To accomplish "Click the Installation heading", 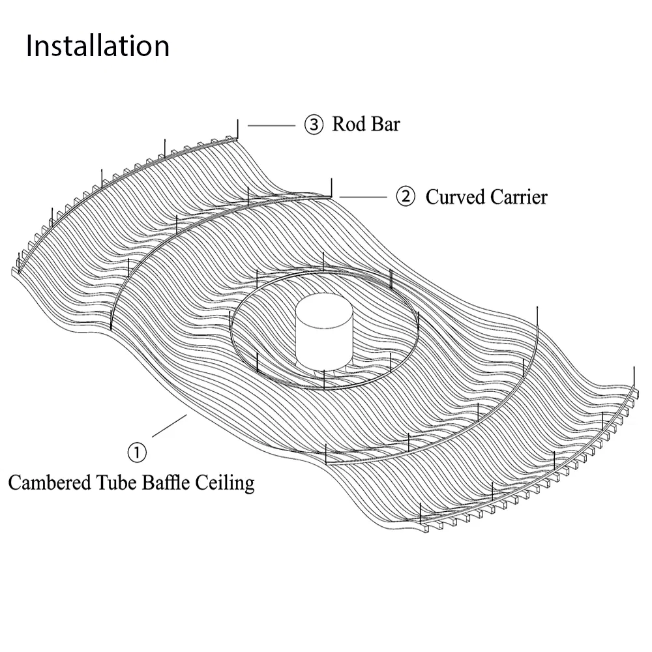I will click(98, 46).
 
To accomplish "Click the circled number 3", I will click(314, 125).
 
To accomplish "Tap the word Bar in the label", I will click(385, 124).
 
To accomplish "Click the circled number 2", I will click(406, 196).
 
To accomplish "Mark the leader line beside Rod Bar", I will click(271, 125).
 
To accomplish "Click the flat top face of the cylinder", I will click(325, 310).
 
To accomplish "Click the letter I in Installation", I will click(30, 46).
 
